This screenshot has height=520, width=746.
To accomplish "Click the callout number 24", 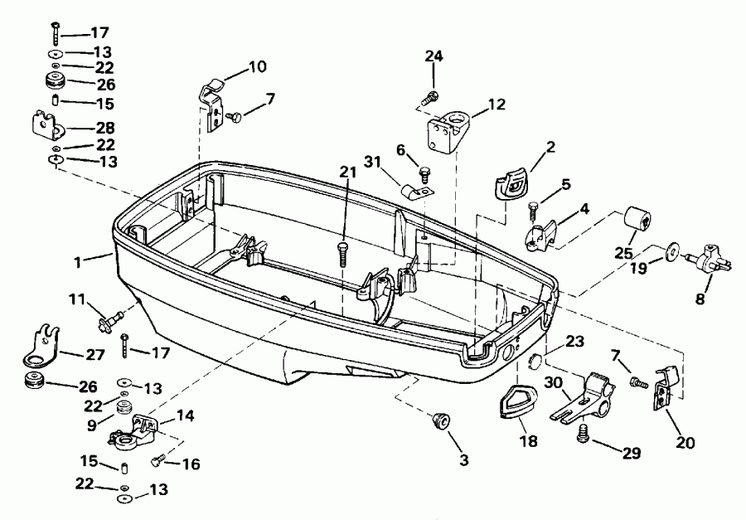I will (434, 56).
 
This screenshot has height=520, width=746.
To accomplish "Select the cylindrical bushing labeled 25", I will (639, 221).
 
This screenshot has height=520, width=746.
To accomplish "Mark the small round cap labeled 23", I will (535, 361).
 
